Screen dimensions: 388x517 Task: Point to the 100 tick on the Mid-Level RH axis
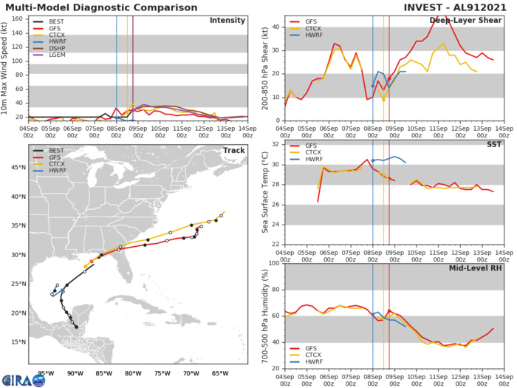coord(274,263)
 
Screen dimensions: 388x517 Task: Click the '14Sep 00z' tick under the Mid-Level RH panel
coord(504,377)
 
